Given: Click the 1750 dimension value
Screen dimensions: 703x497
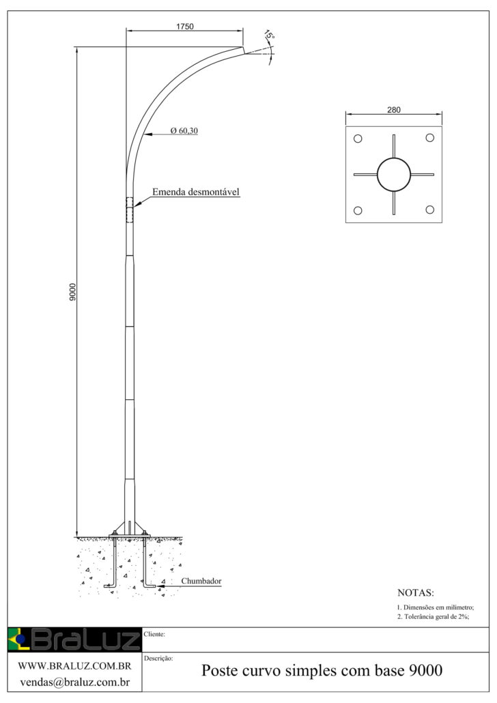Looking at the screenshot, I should (185, 27).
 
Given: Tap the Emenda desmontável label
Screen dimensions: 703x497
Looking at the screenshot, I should (195, 192).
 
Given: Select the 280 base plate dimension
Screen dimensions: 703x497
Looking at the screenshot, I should (393, 109).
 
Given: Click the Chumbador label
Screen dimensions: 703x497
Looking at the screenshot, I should (201, 581).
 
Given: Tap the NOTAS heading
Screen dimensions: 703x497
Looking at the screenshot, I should (415, 592).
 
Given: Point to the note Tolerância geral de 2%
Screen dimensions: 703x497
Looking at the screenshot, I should (433, 616).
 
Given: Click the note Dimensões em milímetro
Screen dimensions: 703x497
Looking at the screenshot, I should (435, 607).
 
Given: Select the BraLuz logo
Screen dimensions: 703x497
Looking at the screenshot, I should (74, 640).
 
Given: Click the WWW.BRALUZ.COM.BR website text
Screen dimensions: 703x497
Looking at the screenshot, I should (74, 665).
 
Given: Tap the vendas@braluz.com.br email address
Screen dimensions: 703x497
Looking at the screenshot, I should (74, 681).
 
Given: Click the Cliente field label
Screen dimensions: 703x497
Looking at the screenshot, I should (156, 634).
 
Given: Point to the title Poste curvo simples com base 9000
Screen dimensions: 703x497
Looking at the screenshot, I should (322, 671).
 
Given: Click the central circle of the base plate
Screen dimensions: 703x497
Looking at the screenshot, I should (393, 175).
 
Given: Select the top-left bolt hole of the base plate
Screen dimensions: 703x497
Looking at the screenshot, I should (356, 138).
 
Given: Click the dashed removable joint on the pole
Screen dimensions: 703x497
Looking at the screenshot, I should (130, 210).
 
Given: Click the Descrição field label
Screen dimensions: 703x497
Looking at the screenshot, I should (159, 659).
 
